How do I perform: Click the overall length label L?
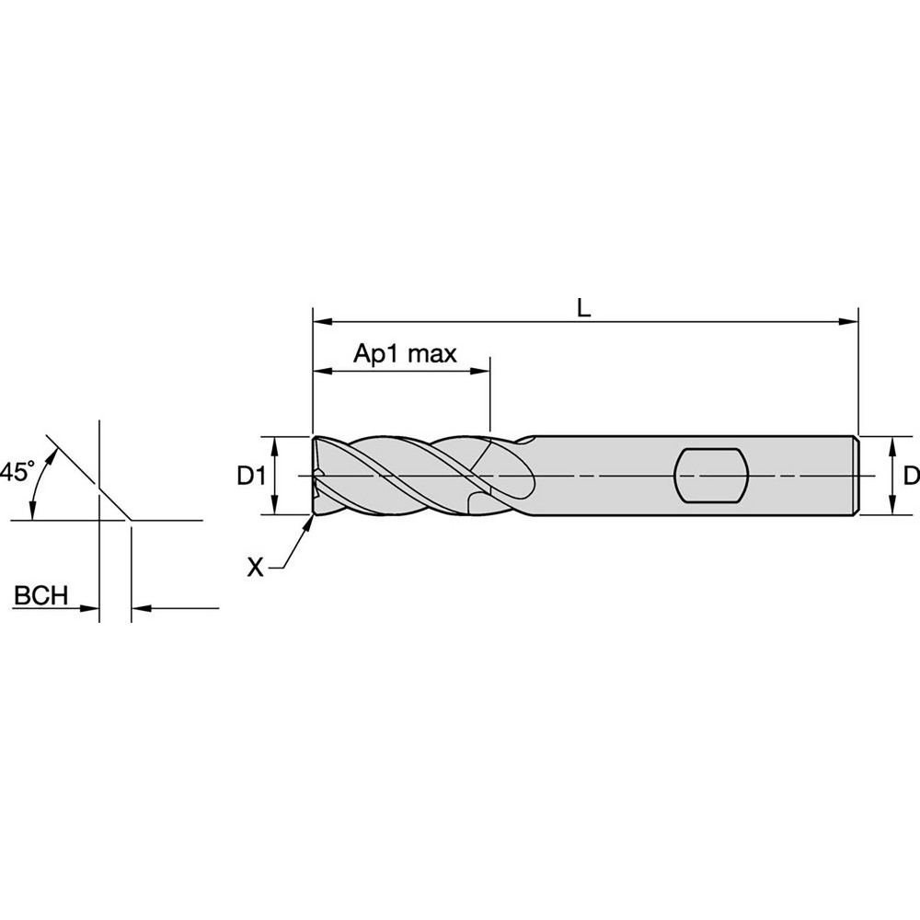[x=583, y=308]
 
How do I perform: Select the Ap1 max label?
[x=406, y=354]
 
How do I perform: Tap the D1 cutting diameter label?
[x=251, y=476]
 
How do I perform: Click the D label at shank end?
[x=910, y=476]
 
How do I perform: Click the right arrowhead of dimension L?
[x=850, y=322]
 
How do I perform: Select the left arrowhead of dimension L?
[x=321, y=322]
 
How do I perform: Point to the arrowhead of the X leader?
[x=309, y=522]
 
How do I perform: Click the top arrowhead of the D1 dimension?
[x=274, y=443]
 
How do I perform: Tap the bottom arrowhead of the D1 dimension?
[x=274, y=508]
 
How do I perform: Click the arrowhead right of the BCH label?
[x=91, y=608]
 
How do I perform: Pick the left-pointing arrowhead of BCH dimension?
[x=140, y=608]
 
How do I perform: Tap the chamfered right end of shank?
[x=858, y=476]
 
